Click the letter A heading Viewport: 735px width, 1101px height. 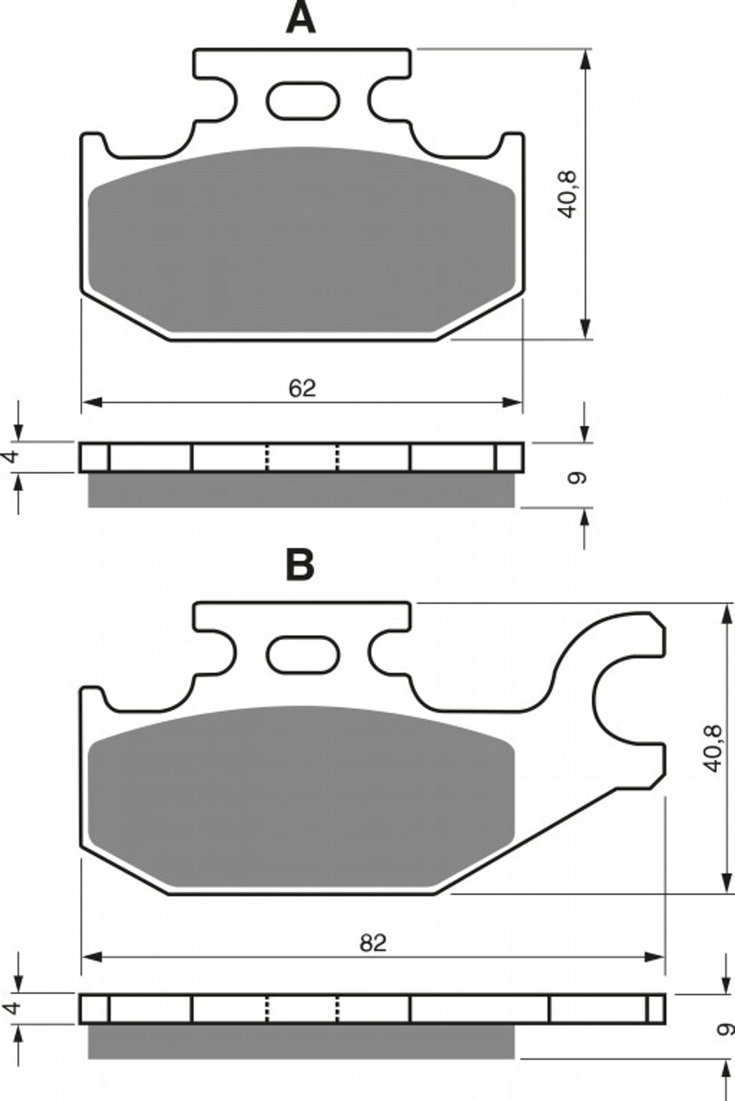coord(300,18)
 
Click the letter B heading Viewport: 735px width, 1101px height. coord(300,565)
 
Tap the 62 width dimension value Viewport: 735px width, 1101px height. coord(302,388)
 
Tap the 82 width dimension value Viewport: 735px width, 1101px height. coord(373,943)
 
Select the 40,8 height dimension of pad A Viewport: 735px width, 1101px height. coord(569,194)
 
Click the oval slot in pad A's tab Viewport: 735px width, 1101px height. coord(303,100)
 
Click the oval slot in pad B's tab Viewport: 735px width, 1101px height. coord(303,654)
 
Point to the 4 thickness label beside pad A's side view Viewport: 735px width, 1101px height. coord(10,456)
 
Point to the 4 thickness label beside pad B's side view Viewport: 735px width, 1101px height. coord(10,1009)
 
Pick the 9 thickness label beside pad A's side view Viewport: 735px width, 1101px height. coord(578,478)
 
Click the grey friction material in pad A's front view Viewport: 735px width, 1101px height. coord(301,240)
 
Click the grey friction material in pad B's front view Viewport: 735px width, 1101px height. coord(301,795)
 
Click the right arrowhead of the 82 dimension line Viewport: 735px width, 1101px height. coord(655,957)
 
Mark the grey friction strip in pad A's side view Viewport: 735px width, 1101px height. coord(301,489)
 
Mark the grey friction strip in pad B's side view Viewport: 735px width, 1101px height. coord(301,1042)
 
